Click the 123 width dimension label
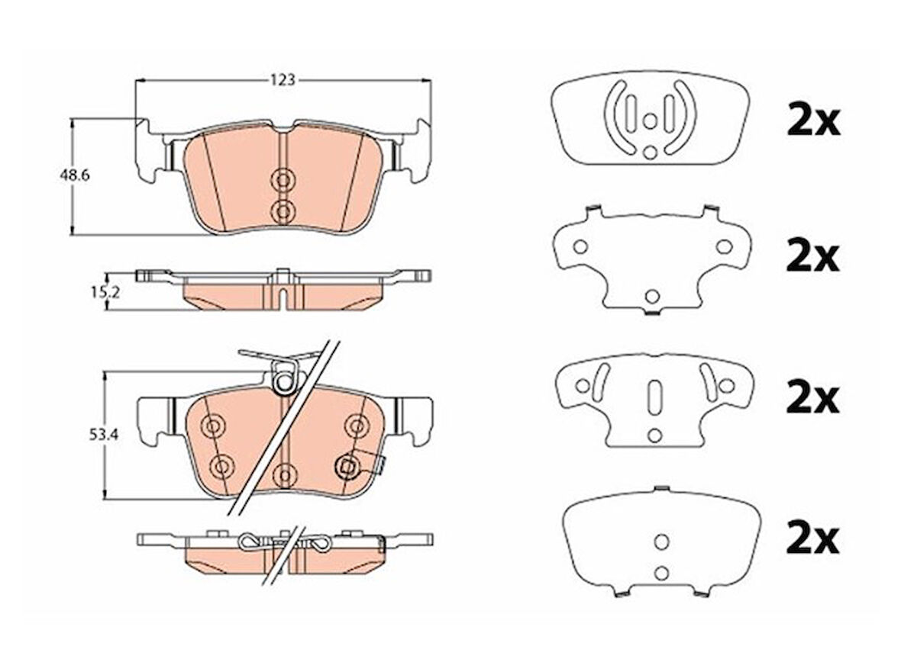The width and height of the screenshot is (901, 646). [283, 80]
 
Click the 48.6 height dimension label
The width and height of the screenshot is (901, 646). [75, 175]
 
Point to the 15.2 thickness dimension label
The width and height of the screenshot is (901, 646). [105, 293]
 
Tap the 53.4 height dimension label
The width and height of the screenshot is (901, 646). [103, 435]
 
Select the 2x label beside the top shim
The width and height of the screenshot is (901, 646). [813, 121]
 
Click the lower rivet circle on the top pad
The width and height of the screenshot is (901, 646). [283, 212]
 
